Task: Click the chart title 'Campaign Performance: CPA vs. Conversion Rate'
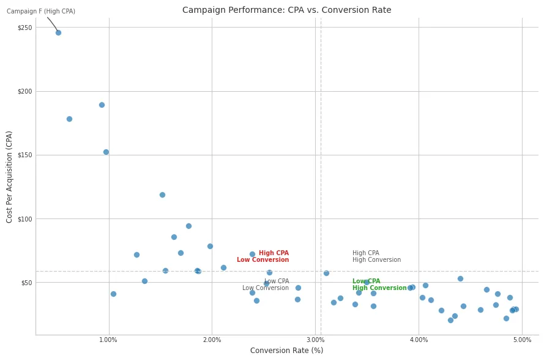click(286, 10)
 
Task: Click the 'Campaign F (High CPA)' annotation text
click(41, 12)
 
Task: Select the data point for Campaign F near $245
click(58, 32)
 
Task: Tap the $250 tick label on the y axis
click(24, 28)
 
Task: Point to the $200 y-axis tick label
click(24, 91)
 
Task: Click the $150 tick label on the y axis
click(24, 155)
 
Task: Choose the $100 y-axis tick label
click(24, 219)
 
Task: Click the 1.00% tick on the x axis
click(108, 340)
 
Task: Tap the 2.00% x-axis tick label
click(212, 340)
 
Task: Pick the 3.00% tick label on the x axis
click(315, 340)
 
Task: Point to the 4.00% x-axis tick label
click(419, 340)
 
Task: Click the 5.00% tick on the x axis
click(522, 340)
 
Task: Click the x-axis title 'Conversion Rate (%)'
click(286, 351)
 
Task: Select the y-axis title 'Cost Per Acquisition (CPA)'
click(10, 176)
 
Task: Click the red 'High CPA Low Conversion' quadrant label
click(263, 256)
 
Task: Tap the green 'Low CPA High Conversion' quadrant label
click(379, 285)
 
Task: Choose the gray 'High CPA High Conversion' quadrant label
click(376, 256)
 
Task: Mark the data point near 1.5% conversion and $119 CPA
click(162, 195)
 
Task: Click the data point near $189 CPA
click(102, 105)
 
